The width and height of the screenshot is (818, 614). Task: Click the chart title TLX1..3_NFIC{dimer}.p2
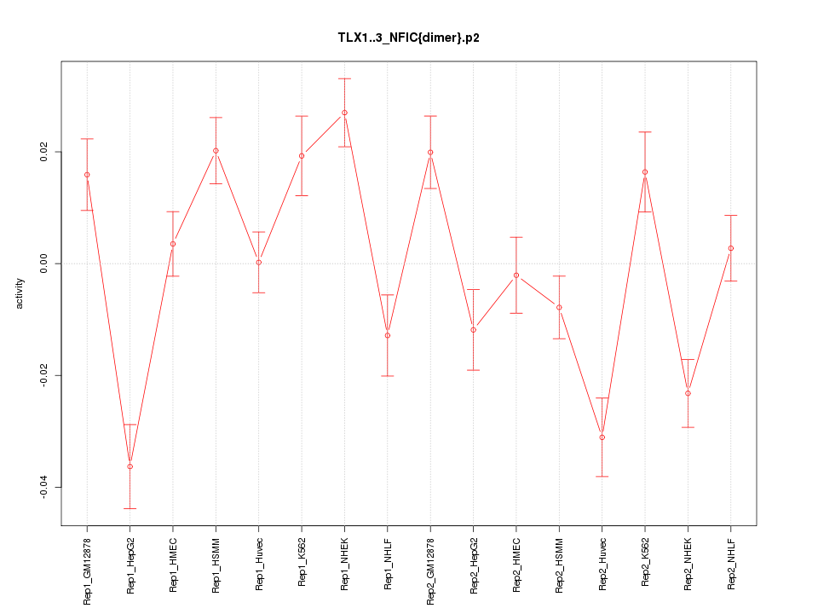408,38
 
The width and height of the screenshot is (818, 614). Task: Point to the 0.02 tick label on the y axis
43,152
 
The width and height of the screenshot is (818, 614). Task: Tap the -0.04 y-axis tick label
43,488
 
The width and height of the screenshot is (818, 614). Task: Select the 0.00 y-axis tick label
43,264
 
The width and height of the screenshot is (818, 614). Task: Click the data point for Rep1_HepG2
130,466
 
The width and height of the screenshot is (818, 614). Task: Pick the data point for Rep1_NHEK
344,113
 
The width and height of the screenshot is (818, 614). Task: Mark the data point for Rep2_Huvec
602,437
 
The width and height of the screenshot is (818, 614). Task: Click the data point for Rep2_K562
645,172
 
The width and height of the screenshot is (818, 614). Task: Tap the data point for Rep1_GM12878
87,175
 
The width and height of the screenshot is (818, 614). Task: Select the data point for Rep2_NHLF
731,248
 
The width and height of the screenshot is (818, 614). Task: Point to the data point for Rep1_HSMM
216,151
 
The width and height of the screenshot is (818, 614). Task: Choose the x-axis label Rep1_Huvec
259,564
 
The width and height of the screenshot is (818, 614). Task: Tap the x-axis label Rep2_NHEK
688,564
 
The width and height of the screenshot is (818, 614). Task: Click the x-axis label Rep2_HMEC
516,564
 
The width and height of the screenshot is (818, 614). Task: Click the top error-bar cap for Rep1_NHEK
344,78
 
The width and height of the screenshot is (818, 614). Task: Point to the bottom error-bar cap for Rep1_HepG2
130,508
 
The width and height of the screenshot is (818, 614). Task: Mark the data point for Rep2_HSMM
559,307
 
